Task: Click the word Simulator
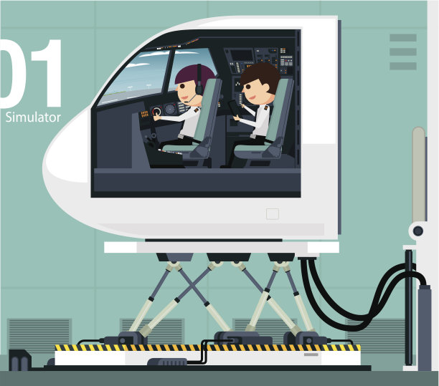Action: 33,117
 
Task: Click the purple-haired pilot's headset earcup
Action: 199,90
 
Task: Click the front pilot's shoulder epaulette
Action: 197,110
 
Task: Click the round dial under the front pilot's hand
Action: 156,112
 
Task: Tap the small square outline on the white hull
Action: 273,214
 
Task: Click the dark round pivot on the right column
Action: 418,231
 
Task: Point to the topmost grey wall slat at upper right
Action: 403,38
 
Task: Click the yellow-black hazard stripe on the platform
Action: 207,348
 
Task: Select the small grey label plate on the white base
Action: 311,354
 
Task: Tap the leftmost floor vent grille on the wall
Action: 39,334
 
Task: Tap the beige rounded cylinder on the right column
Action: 419,174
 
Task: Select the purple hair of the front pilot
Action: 193,73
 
